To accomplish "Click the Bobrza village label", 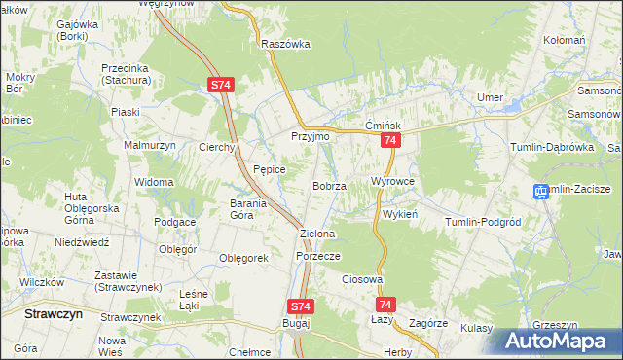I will (x=330, y=186).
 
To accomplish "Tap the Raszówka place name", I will (x=285, y=44).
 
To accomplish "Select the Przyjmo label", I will (x=311, y=137).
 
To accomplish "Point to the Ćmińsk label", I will (x=384, y=126).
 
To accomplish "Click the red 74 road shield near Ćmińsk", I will (x=389, y=142).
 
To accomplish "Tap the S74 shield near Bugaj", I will (x=301, y=306).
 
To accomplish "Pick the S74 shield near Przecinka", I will (x=220, y=86).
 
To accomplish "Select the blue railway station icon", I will (x=541, y=192).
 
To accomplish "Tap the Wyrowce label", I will (x=393, y=182).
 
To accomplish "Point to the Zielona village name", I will (x=317, y=234).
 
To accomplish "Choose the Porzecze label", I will (x=317, y=256).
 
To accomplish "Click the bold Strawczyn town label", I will (x=53, y=315).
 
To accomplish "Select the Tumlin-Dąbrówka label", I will (x=551, y=147).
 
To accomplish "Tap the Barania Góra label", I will (x=255, y=209).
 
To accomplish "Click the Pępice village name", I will (x=269, y=169).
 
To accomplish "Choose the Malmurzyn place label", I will (x=148, y=146).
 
